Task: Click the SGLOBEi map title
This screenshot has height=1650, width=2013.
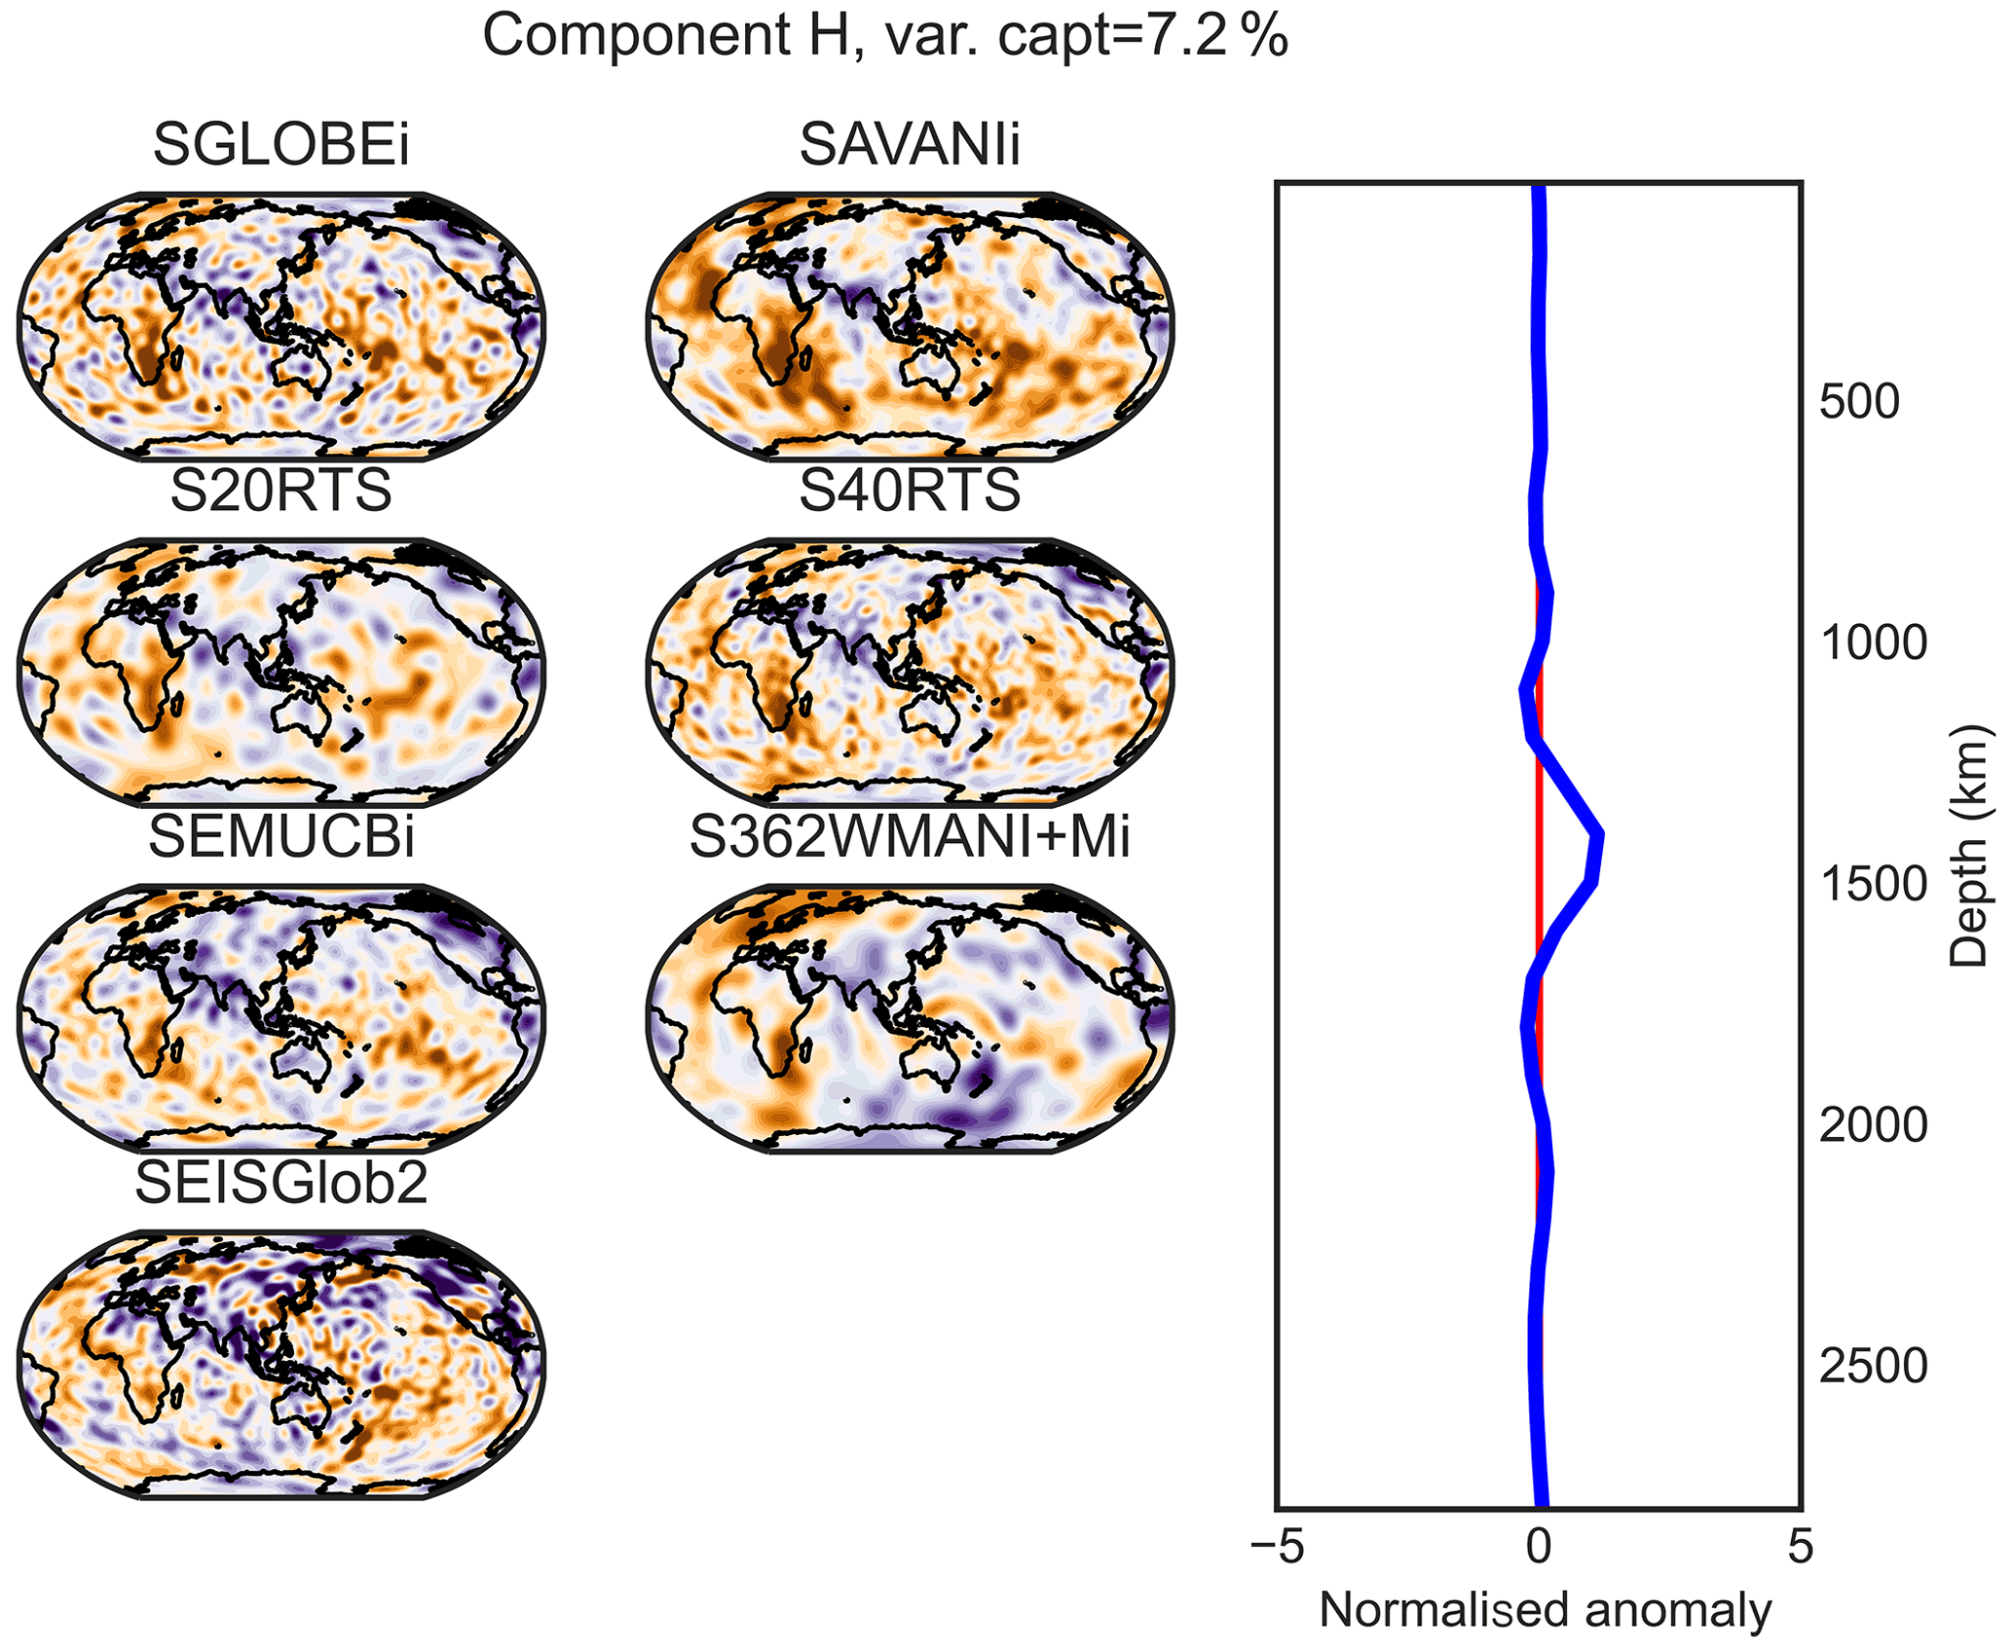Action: pos(280,145)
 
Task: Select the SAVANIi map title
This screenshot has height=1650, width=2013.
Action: pos(910,145)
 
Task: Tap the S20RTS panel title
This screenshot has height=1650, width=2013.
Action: pos(280,491)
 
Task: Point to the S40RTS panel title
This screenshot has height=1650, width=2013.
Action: pos(910,491)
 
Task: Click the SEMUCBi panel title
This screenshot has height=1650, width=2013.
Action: pos(280,837)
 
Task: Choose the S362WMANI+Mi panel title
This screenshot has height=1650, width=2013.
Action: pos(910,837)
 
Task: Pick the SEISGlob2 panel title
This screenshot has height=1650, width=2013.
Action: pos(280,1183)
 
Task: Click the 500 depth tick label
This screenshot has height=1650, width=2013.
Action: pos(1859,402)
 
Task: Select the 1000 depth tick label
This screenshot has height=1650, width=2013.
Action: pos(1873,643)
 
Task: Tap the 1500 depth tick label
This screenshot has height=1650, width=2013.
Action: pos(1873,885)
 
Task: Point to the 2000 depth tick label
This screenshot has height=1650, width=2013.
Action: pos(1873,1126)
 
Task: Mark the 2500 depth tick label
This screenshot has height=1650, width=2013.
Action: pos(1873,1368)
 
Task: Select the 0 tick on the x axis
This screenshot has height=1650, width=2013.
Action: pos(1539,1547)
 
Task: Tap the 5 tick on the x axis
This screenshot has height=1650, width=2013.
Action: pos(1801,1547)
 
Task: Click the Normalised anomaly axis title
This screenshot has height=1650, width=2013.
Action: pos(1545,1611)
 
